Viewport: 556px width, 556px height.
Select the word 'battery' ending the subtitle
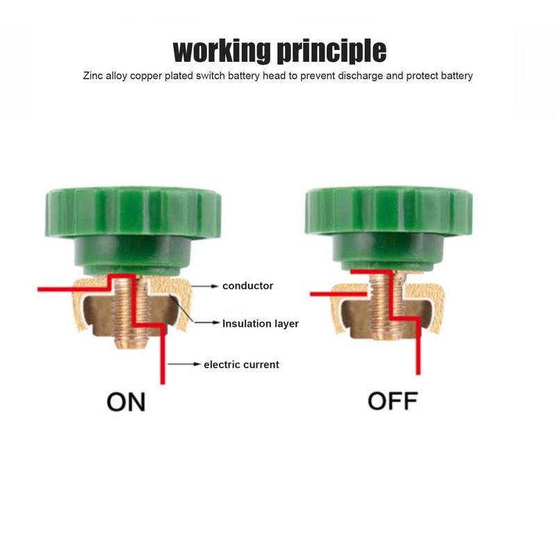point(455,76)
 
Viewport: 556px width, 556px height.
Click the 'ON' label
point(126,402)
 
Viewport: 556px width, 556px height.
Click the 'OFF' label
point(392,402)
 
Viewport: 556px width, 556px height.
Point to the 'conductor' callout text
point(247,286)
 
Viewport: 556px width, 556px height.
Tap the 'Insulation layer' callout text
point(261,323)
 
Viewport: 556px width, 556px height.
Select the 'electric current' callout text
point(241,364)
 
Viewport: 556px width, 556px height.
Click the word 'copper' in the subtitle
point(163,76)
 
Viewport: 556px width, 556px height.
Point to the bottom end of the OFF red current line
point(418,373)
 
